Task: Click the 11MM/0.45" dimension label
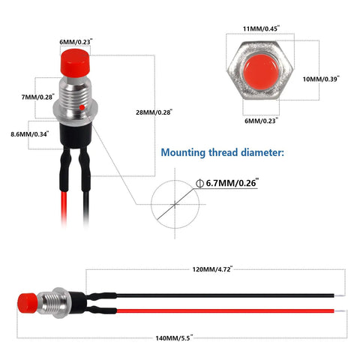tap(261, 28)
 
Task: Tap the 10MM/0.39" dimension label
tap(321, 79)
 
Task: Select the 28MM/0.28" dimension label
tap(154, 112)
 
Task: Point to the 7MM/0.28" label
tap(37, 97)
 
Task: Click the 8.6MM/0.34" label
tap(30, 134)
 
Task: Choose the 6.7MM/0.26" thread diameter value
tap(232, 183)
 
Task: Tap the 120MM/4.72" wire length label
tap(212, 269)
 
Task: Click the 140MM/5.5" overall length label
tap(174, 338)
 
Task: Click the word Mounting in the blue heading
tap(183, 152)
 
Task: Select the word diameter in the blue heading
tap(262, 152)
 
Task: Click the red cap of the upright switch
tap(75, 63)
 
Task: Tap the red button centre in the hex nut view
tap(261, 72)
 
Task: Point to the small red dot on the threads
tap(82, 107)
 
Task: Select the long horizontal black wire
tap(226, 295)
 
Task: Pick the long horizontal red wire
tap(226, 311)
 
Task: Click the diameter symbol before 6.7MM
tap(199, 183)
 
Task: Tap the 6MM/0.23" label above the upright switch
tap(76, 42)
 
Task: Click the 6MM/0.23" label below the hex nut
tap(261, 121)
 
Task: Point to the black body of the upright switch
tap(76, 135)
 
